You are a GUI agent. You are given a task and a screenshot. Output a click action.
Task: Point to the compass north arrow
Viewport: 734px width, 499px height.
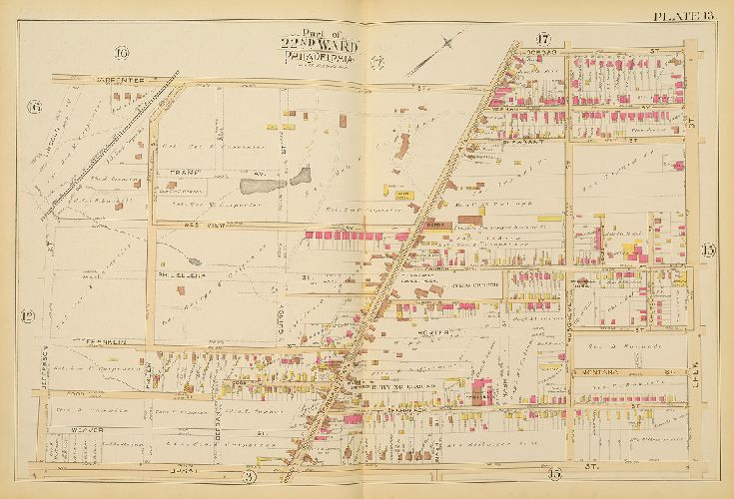451,42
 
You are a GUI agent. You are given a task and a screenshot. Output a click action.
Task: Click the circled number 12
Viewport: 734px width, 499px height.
28,316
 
